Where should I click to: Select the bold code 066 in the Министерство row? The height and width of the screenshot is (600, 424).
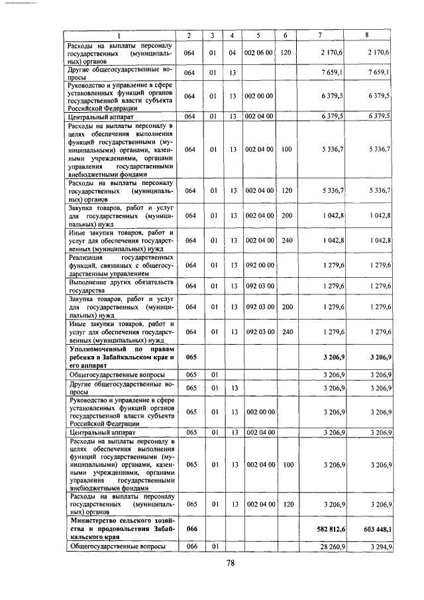point(190,528)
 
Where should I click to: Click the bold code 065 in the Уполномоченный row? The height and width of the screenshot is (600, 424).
point(190,356)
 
